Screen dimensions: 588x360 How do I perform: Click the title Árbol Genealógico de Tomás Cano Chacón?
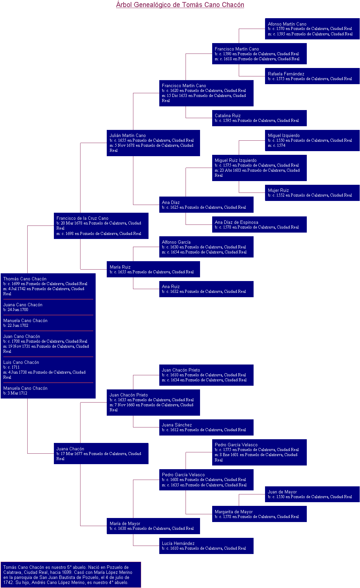(180, 5)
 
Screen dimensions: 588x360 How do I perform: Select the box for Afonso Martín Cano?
(312, 29)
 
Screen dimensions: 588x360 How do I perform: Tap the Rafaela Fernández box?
(312, 76)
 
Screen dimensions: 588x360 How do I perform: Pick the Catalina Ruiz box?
(259, 118)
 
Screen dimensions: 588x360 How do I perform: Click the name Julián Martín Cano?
(128, 136)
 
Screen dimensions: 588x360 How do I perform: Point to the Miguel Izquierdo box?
(312, 140)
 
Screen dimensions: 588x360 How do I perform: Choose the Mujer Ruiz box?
(312, 193)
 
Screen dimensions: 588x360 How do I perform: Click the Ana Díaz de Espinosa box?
(259, 224)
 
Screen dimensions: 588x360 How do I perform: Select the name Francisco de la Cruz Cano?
(83, 218)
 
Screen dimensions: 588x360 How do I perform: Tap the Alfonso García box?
(206, 247)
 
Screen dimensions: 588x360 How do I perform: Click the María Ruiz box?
(153, 269)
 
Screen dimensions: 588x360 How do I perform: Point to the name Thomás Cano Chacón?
(25, 279)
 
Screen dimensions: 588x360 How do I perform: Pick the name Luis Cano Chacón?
(21, 362)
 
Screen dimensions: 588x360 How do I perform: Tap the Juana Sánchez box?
(206, 427)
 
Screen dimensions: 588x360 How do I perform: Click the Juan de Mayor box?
(312, 494)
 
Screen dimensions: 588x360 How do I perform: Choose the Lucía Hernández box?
(206, 546)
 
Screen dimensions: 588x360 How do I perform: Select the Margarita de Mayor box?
(259, 514)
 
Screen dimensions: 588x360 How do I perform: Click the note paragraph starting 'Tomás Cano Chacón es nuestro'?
(71, 575)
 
